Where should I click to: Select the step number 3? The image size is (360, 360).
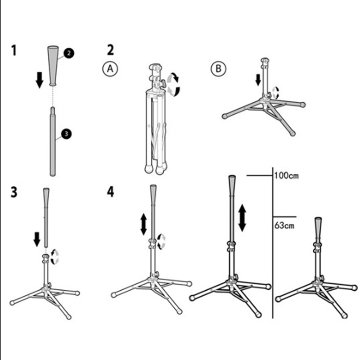coord(15,192)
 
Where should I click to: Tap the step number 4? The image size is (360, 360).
coord(110,192)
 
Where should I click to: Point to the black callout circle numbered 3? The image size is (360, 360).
coord(66,133)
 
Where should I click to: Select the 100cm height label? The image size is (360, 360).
coord(286,175)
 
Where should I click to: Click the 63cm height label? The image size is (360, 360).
coord(284,225)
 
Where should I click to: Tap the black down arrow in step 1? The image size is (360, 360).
coord(40,79)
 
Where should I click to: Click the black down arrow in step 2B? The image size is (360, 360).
coord(258,80)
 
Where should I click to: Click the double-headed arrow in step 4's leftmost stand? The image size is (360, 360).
coord(144,224)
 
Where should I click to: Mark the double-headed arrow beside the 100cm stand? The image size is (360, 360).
coord(242,217)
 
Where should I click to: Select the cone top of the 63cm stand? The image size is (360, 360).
coord(318,228)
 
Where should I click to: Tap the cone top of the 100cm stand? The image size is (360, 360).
coord(233,185)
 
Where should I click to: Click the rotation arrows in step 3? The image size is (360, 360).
coord(55,257)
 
